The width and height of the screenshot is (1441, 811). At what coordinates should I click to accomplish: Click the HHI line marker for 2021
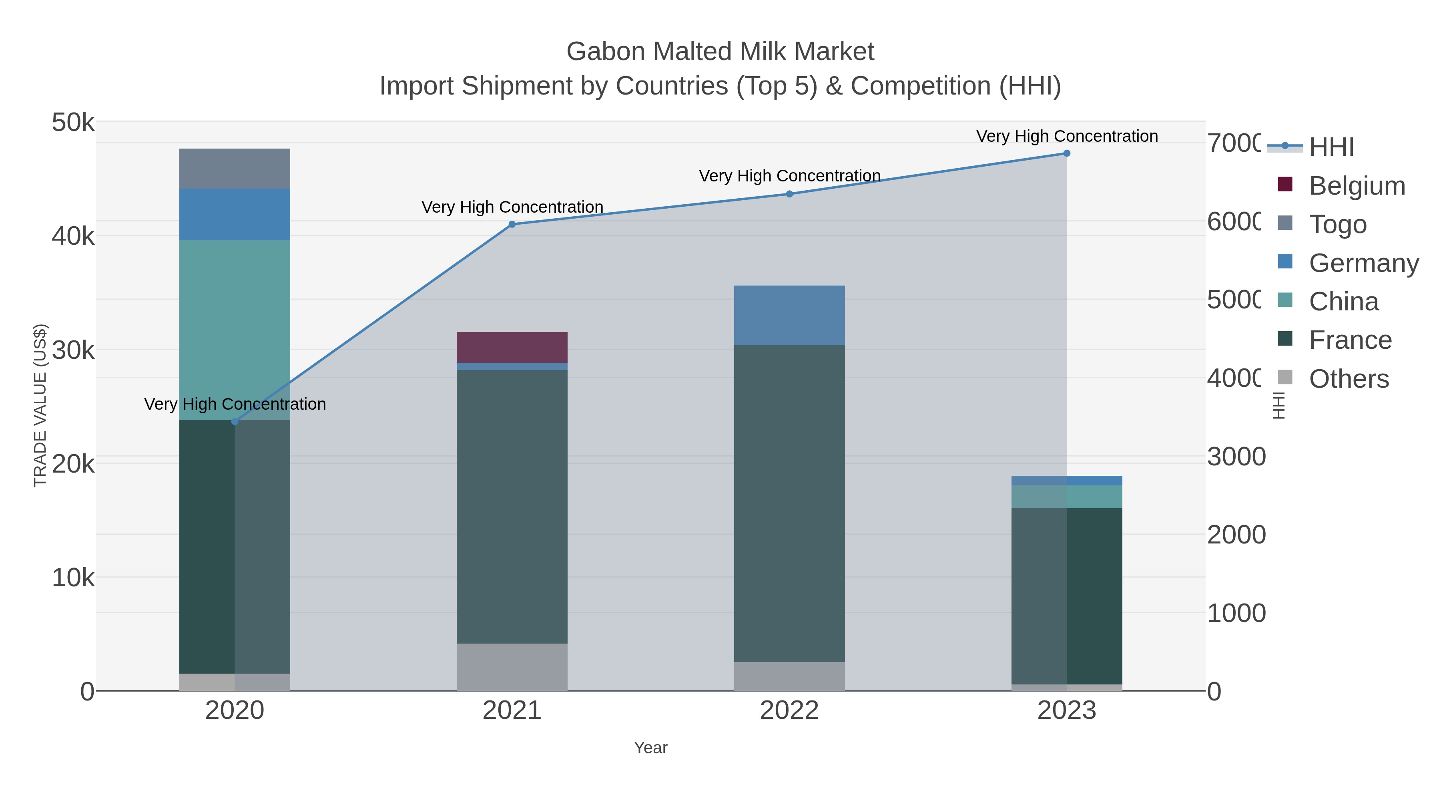click(x=512, y=224)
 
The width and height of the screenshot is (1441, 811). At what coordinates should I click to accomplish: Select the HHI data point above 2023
click(x=1067, y=153)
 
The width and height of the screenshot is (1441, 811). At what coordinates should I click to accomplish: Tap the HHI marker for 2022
click(x=789, y=194)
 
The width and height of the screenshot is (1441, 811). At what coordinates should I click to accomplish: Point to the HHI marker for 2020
click(x=235, y=421)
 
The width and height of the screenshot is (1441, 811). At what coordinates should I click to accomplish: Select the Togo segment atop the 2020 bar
click(x=235, y=169)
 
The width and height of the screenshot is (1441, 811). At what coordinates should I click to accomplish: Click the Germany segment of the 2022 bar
click(x=789, y=315)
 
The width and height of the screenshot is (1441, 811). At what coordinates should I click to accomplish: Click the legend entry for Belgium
click(x=1357, y=186)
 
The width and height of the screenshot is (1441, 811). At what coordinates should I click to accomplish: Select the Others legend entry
click(x=1348, y=379)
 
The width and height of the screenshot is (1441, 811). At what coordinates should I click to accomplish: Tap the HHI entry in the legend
click(x=1331, y=147)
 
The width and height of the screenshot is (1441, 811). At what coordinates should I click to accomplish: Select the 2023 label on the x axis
click(x=1066, y=710)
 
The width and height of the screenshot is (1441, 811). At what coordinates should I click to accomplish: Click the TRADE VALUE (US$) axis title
click(x=40, y=405)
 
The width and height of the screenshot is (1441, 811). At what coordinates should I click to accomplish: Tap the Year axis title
click(x=650, y=748)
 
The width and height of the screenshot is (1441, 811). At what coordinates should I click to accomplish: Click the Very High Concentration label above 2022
click(x=789, y=176)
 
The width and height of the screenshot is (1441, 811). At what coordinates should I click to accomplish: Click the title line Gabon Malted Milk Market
click(x=720, y=52)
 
